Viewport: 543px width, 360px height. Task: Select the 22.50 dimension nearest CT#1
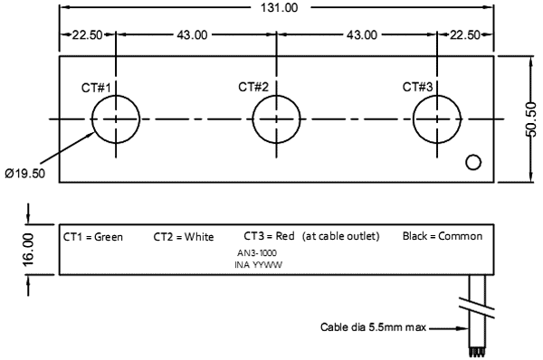pos(87,35)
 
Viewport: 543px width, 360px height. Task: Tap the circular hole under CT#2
pos(276,119)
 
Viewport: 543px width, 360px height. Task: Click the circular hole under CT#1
pos(115,119)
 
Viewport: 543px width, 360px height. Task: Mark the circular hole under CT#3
pos(437,119)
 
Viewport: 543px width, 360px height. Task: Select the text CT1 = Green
pos(93,237)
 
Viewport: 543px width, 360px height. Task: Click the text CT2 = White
pos(184,237)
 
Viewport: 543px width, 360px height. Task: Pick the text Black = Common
pos(443,236)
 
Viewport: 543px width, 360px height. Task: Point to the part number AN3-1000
pos(257,254)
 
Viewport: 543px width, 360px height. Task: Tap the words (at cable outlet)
pos(341,236)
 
